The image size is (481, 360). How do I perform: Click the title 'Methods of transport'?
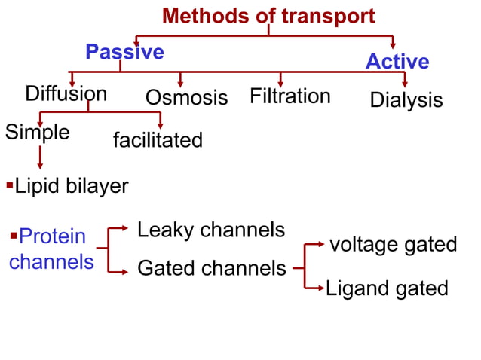(268, 15)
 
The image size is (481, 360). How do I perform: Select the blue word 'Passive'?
(124, 52)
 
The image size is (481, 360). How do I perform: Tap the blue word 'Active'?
(397, 62)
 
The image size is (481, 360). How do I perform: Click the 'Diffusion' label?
(66, 94)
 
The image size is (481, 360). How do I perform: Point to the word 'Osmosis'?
(186, 98)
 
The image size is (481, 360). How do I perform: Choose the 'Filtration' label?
(290, 96)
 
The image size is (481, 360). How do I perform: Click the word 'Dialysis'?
(406, 100)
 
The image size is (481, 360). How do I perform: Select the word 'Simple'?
(38, 133)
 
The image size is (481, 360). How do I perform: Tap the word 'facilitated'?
(158, 140)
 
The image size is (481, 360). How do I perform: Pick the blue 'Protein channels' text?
(52, 249)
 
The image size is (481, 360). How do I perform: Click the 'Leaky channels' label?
(211, 230)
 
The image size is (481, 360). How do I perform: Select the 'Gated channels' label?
(212, 268)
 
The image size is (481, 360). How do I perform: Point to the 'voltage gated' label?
(394, 244)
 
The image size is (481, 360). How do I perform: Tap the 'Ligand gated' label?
(387, 288)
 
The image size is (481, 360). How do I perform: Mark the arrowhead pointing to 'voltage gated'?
(322, 244)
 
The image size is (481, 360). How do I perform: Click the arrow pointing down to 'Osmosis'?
(181, 79)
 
